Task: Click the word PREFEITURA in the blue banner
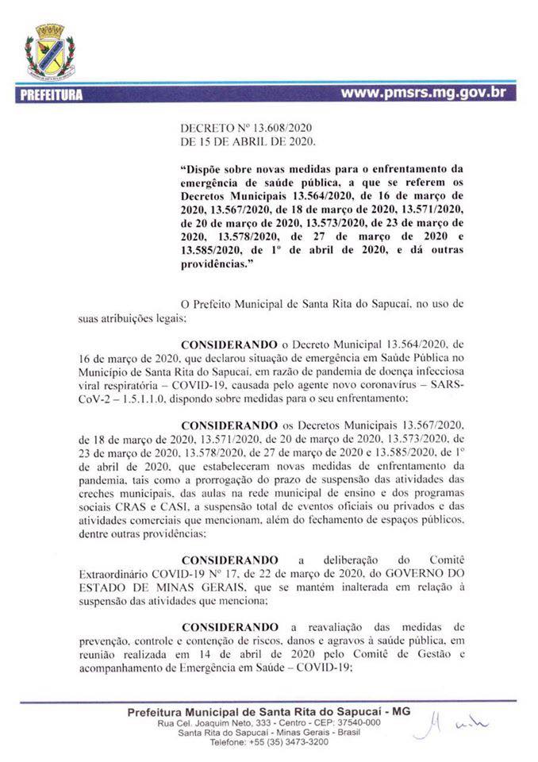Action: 49,95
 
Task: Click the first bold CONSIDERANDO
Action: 230,345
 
